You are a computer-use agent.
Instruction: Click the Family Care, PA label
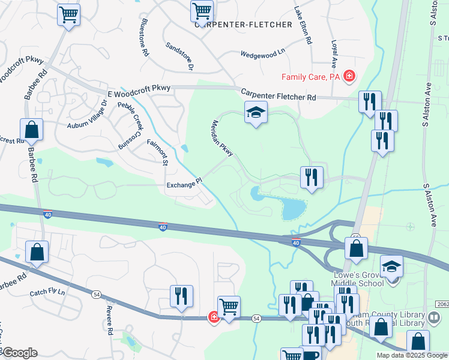click(312, 77)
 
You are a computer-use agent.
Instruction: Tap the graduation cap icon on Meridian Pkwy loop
click(256, 112)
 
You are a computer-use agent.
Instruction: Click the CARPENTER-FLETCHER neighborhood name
click(244, 25)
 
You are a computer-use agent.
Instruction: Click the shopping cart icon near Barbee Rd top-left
click(69, 14)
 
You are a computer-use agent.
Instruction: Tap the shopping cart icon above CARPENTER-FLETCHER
click(202, 10)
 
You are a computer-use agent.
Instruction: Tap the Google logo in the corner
click(19, 353)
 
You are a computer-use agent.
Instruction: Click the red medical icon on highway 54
click(213, 317)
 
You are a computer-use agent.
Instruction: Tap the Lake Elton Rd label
click(303, 25)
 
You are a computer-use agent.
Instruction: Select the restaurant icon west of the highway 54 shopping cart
click(181, 295)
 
